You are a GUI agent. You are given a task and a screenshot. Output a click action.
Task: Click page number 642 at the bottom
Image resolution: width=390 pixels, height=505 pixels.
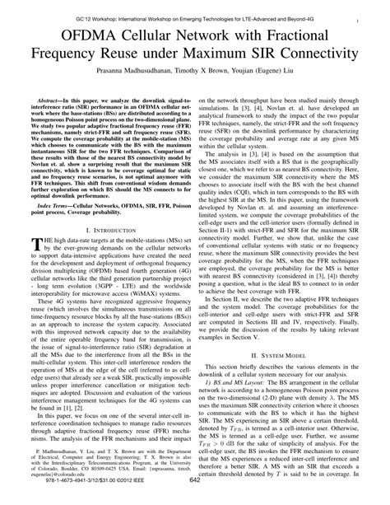(195, 494)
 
